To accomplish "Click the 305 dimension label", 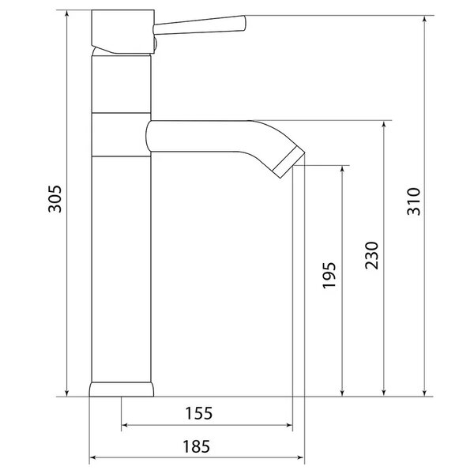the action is (x=55, y=199).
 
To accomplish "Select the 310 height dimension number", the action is (x=413, y=201).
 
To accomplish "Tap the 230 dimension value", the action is (x=372, y=255).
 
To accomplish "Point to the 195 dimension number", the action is (x=329, y=276).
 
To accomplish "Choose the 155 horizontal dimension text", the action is (x=198, y=413).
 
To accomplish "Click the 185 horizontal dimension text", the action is (x=196, y=446).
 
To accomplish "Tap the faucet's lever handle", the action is (x=200, y=24).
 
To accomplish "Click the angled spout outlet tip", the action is (x=288, y=164).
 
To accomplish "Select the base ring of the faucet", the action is (x=121, y=389).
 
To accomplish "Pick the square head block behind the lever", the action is (x=123, y=32).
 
